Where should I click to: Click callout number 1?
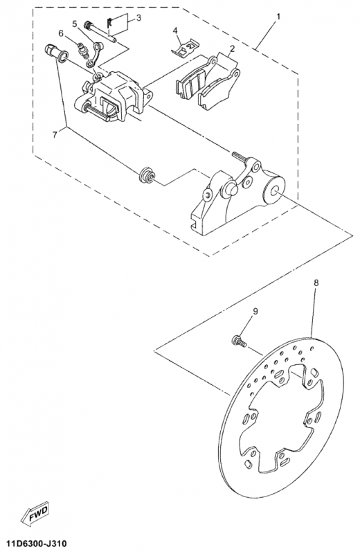click(278, 17)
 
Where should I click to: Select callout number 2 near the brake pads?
click(232, 48)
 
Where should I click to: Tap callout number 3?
click(138, 17)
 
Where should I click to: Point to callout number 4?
click(175, 30)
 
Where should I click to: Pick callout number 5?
click(74, 24)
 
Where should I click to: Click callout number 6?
click(61, 33)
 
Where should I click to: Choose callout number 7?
click(55, 134)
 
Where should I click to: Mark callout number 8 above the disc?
click(316, 283)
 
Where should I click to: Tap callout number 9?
click(255, 310)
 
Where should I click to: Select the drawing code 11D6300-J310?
click(33, 543)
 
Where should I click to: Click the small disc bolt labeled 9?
click(239, 341)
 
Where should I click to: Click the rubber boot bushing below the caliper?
click(147, 176)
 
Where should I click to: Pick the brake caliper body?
click(113, 96)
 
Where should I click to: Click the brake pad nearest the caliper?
click(191, 82)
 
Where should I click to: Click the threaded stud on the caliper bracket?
click(238, 156)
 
